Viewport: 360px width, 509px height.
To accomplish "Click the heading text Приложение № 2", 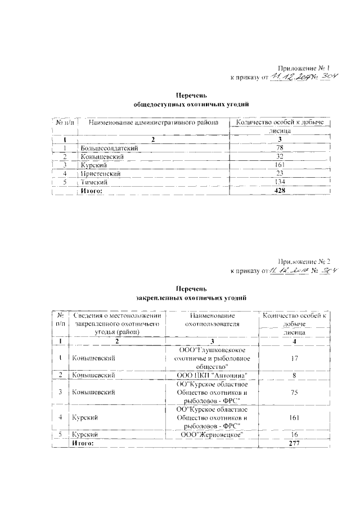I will coord(308,261).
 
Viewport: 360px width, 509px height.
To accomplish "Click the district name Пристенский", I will coord(101,174).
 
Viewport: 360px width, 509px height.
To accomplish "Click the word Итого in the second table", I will coord(81,443).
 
